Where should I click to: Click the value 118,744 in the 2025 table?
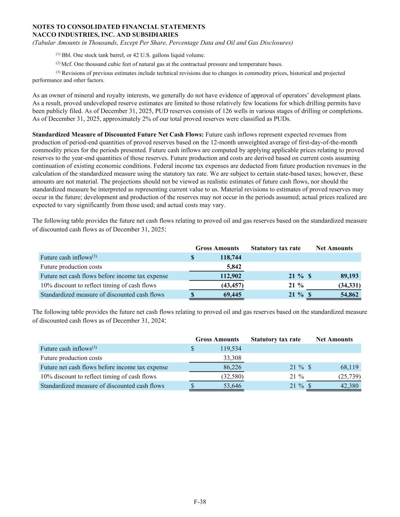point(231,258)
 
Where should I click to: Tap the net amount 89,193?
point(348,276)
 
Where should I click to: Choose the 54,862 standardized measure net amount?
point(348,294)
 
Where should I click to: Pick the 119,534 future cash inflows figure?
point(231,348)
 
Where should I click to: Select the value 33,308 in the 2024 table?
point(232,358)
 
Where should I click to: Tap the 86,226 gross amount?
point(232,367)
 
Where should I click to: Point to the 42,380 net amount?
point(348,386)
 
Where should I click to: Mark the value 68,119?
point(348,367)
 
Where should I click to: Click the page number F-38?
point(200,502)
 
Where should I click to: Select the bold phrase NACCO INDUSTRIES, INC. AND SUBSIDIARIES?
point(105,35)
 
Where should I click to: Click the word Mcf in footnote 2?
point(66,64)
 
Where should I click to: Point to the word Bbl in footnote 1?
point(66,55)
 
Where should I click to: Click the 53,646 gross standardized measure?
point(232,386)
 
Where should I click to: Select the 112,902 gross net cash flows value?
point(231,276)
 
